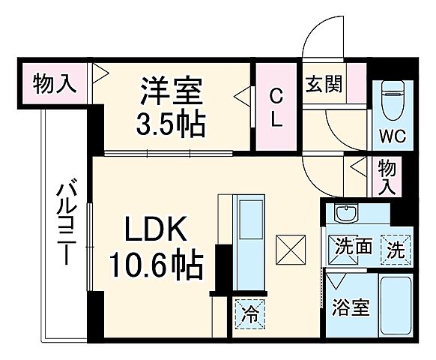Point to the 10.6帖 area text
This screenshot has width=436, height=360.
coord(156,263)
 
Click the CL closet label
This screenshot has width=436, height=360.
coord(275,108)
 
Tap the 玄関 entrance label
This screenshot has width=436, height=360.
coord(324,83)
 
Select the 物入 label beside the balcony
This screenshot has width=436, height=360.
coord(55,83)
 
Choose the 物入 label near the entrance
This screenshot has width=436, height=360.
coord(387,175)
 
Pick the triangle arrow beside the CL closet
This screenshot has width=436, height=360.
coord(243,95)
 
